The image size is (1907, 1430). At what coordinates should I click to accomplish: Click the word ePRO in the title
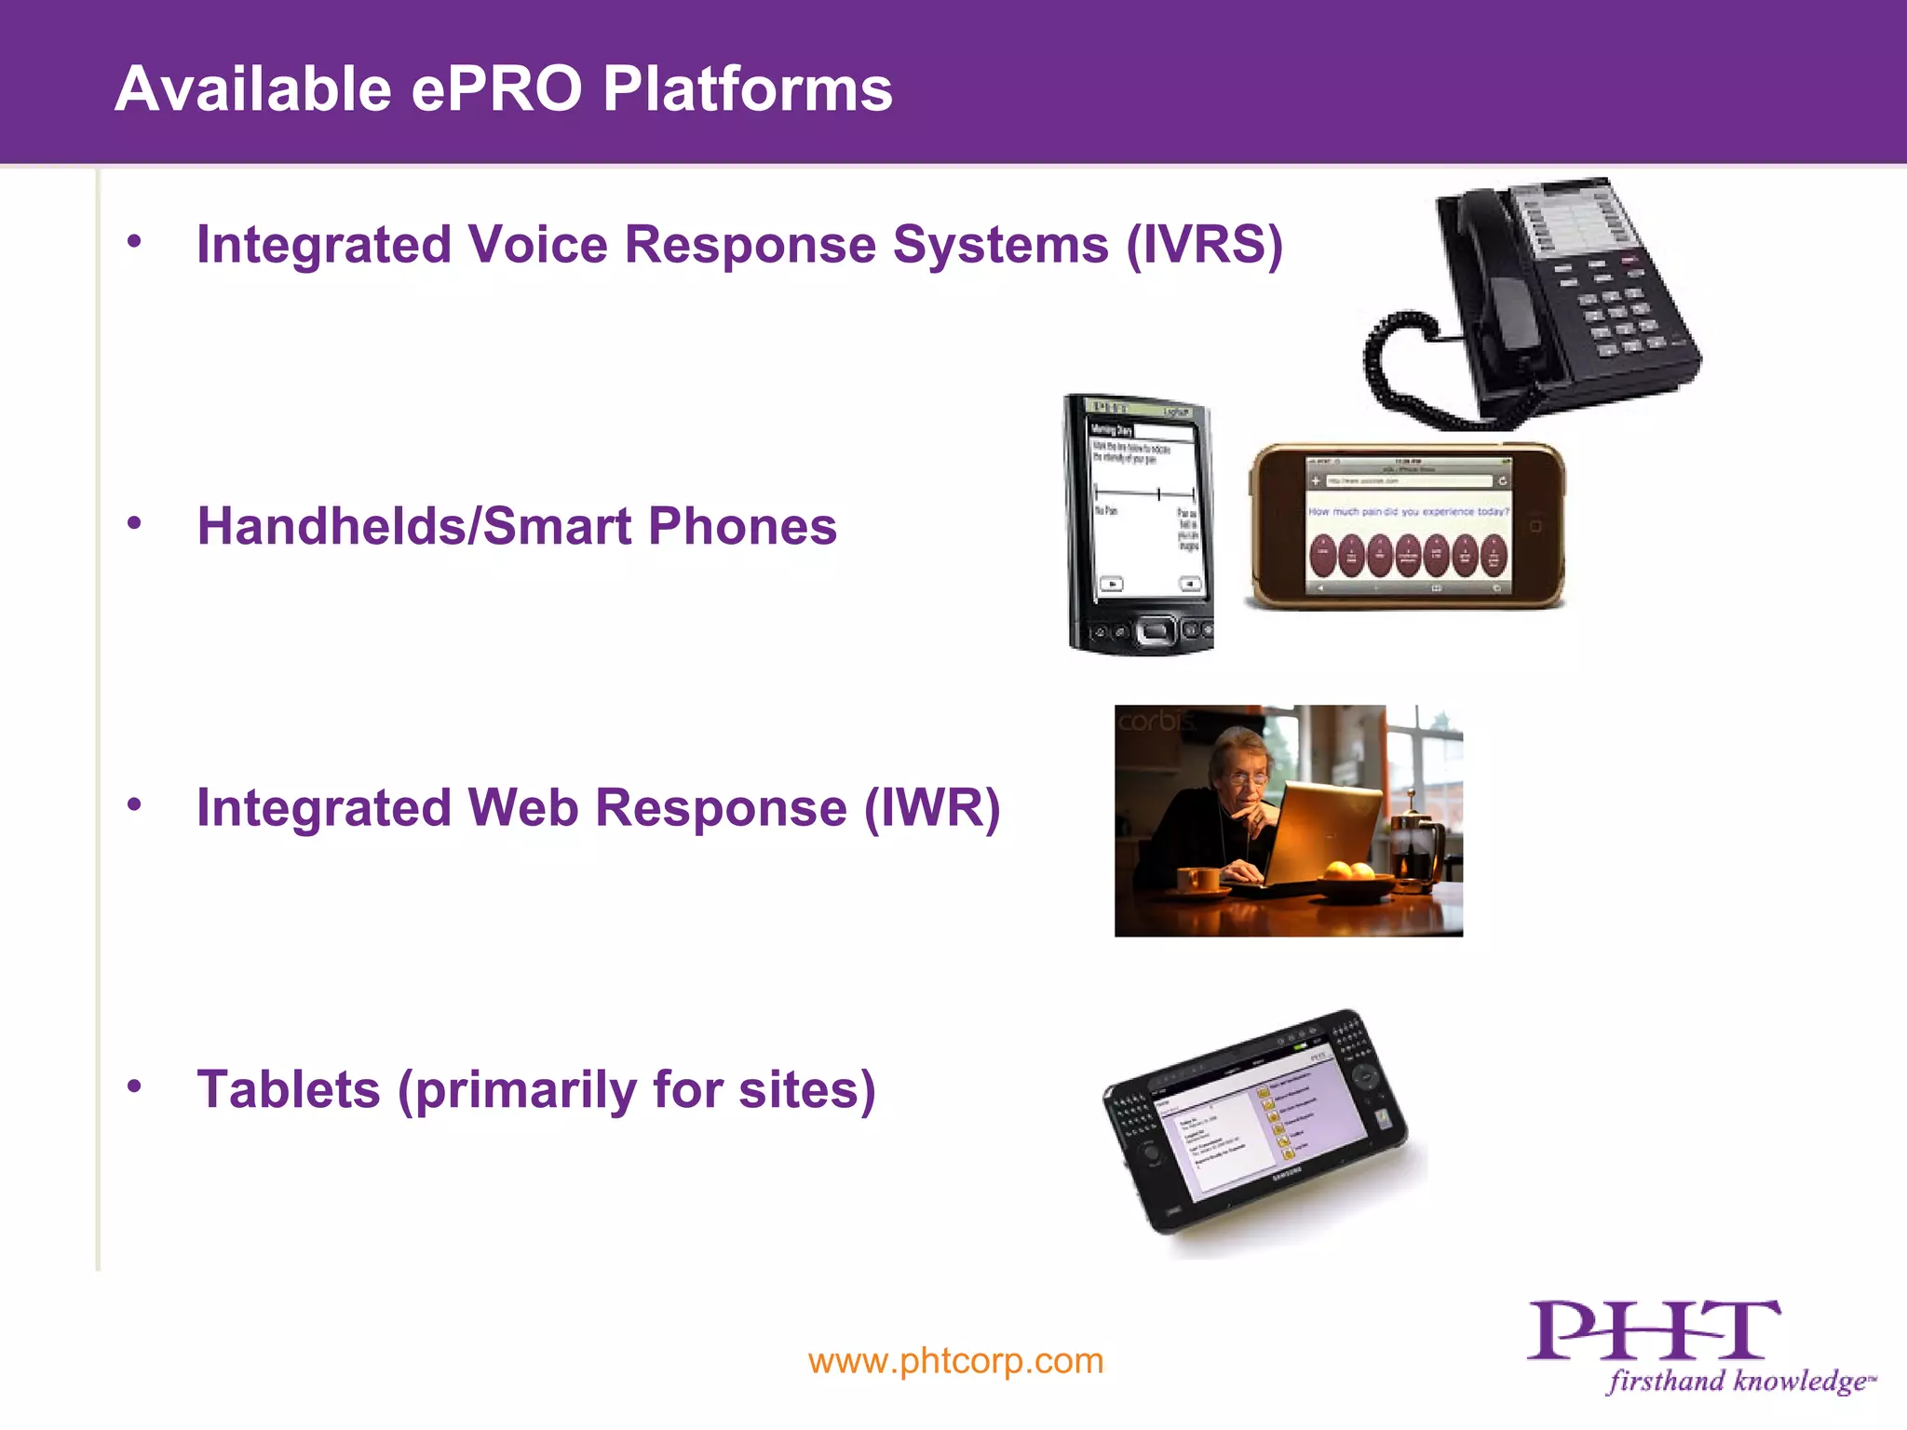[x=498, y=90]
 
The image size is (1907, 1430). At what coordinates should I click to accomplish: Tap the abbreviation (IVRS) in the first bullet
[x=1204, y=246]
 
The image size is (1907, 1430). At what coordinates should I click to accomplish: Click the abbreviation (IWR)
[x=932, y=808]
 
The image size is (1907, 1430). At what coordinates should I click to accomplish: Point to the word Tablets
[x=289, y=1089]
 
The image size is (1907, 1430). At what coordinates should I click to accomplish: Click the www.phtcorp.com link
[x=955, y=1361]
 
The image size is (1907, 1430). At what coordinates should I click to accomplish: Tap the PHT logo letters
[x=1653, y=1331]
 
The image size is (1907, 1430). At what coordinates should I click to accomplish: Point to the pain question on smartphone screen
[x=1408, y=512]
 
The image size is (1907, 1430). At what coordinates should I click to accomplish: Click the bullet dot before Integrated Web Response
[x=135, y=804]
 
